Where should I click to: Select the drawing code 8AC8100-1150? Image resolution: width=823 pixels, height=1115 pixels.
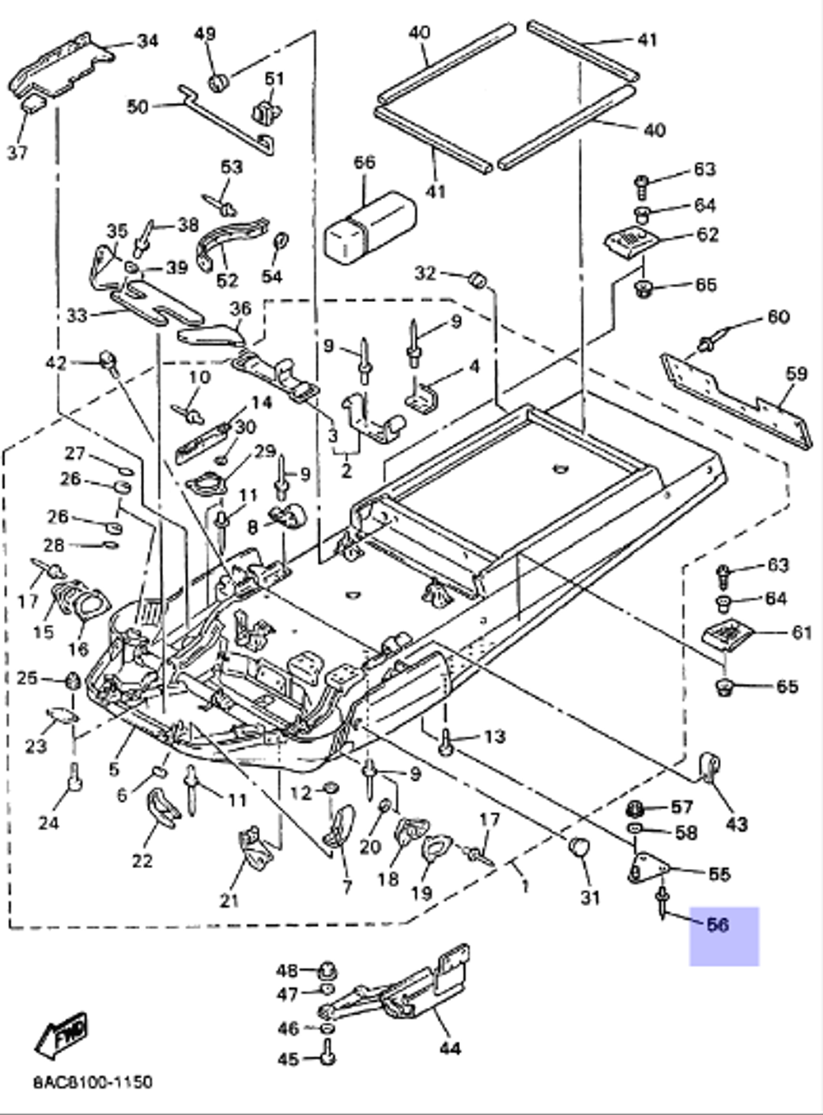tap(92, 1081)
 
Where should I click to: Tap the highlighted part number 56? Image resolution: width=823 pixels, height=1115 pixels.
tap(718, 925)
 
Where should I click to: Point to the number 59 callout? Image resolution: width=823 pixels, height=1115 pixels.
tap(796, 374)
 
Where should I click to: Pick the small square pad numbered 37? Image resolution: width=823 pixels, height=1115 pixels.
tap(33, 103)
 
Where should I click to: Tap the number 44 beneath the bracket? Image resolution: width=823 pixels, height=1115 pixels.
tap(449, 1048)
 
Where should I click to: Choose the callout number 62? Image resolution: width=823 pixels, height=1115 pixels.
tap(707, 235)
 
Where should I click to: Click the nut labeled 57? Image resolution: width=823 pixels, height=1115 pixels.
tap(636, 806)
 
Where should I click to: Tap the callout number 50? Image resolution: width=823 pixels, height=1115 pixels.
tap(137, 107)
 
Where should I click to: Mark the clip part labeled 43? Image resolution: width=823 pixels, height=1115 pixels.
tap(708, 766)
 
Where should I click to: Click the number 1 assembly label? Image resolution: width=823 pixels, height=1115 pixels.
tap(524, 885)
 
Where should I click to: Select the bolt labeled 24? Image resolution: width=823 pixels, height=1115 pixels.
tap(74, 775)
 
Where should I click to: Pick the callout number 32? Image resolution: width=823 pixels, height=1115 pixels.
tap(424, 272)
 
